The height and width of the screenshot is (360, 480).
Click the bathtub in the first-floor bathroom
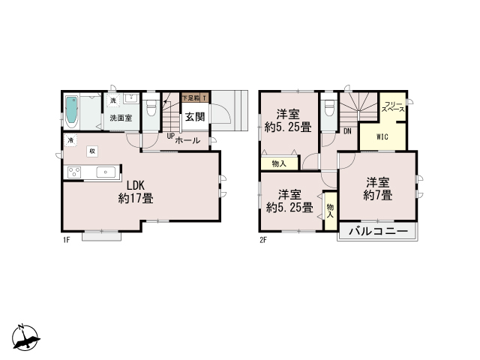pos(73,112)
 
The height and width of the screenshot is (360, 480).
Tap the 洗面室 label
pos(121,118)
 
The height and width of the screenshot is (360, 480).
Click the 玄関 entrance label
pos(195,116)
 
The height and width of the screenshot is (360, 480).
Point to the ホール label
pos(187,140)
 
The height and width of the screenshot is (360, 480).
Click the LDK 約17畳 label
pos(136,192)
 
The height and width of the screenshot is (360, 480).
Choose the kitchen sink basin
pos(108,172)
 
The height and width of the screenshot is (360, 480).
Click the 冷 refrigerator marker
pos(70,140)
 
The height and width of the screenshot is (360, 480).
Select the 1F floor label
pos(66,240)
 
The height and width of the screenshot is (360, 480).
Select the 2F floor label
pos(263,240)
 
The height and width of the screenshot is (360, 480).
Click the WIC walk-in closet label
pos(382,136)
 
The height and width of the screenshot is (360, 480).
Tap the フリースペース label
pos(393,106)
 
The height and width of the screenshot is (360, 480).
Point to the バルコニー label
pos(378,232)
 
